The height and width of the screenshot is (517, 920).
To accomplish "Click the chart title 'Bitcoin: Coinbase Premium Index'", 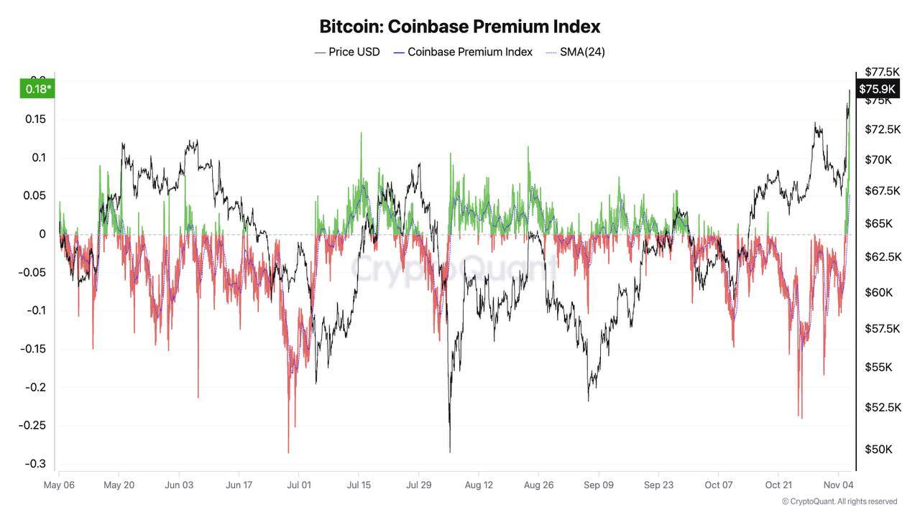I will coord(459,27).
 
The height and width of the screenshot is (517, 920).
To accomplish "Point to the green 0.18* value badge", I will coord(38,89).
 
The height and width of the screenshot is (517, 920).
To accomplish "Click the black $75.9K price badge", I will coord(877,88).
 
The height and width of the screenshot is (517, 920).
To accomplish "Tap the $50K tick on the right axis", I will coord(878,450).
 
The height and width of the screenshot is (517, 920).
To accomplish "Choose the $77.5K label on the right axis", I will coord(883,72).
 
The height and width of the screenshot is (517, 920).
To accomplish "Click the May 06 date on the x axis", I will coord(60,485).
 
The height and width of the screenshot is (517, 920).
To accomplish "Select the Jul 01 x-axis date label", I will coord(298,485).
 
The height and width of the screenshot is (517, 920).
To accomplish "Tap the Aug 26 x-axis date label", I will coord(538,485).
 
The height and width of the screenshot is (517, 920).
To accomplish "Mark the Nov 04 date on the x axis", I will coord(838,485).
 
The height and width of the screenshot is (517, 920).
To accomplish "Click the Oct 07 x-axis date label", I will coord(718,485).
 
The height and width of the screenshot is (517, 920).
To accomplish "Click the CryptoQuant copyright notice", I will coord(839,501).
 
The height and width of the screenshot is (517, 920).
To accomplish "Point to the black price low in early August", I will coord(450,451).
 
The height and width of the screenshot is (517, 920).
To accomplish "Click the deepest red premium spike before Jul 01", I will coord(288,452).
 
